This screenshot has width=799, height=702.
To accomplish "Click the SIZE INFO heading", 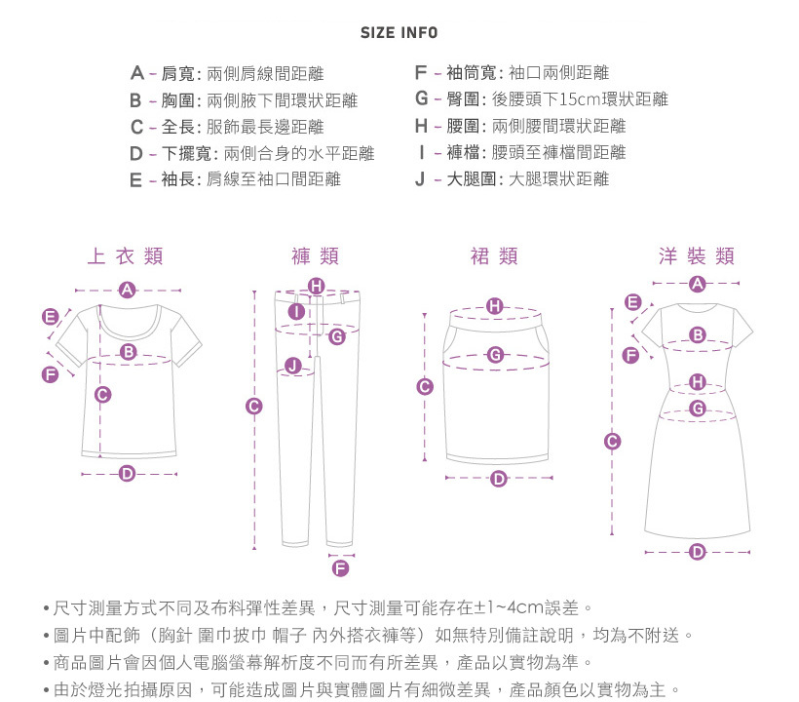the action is click(x=399, y=33).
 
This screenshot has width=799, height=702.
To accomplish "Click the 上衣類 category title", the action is click(x=126, y=255).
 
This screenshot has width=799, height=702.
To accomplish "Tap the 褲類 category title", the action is click(x=316, y=255).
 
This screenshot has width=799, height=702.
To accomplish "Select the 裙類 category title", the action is click(x=494, y=255).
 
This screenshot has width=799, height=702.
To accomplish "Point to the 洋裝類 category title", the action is click(x=697, y=255).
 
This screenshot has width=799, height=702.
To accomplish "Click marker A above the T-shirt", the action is click(x=127, y=290).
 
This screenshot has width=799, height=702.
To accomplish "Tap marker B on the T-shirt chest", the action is click(x=129, y=351).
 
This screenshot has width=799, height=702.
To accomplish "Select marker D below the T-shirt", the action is click(x=127, y=474).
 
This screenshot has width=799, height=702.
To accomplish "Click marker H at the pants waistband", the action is click(x=317, y=286).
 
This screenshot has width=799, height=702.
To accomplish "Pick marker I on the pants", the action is click(x=296, y=311).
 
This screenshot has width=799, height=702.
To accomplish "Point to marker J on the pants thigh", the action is click(x=292, y=365).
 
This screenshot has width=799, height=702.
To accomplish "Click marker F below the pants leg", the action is click(x=340, y=567).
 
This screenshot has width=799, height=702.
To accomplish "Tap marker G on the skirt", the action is click(x=495, y=354).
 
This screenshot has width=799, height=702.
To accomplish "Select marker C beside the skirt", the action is click(x=425, y=386).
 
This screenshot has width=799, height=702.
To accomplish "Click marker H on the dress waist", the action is click(x=698, y=382).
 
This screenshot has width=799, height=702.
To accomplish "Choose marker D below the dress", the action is click(x=697, y=552).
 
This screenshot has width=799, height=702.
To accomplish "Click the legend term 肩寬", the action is click(x=178, y=74).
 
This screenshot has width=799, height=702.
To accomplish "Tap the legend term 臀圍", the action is click(x=463, y=98).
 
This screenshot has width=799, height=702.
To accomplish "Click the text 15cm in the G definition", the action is click(x=581, y=99).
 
